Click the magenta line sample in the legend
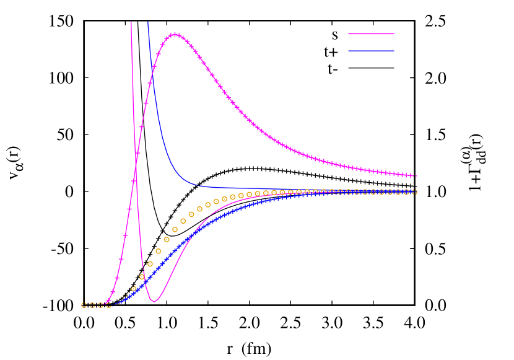(x=371, y=33)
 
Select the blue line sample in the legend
(x=371, y=51)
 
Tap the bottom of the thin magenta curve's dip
(x=154, y=302)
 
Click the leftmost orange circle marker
(x=84, y=305)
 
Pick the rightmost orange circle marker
(x=414, y=192)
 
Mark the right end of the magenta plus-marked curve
(x=416, y=176)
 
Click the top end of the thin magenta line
(x=131, y=22)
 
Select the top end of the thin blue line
(x=147, y=22)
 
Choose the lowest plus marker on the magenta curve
(x=108, y=302)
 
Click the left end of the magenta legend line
(x=349, y=33)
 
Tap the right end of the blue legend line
(x=394, y=51)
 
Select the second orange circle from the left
(x=92, y=305)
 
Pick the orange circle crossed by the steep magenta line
(x=142, y=277)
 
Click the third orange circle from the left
(x=100, y=305)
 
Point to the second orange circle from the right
(x=406, y=192)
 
